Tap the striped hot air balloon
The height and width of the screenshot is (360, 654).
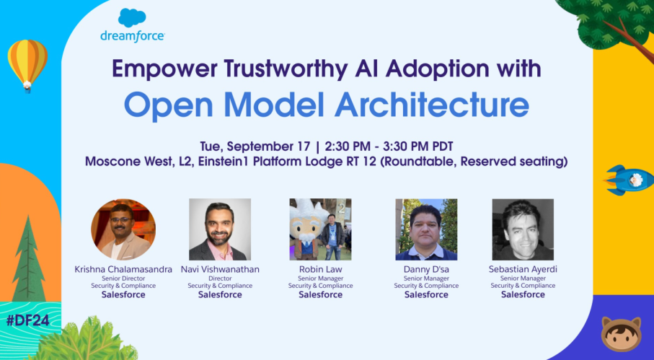tap(27, 63)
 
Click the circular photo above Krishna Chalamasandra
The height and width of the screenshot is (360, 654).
tap(123, 229)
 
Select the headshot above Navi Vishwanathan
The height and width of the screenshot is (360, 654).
tap(220, 229)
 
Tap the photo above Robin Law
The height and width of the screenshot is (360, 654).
tap(320, 229)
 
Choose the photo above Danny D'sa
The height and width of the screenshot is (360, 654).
tap(426, 229)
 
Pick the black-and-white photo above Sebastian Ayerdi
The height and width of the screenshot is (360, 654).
tap(523, 229)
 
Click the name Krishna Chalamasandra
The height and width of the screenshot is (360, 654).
tap(123, 269)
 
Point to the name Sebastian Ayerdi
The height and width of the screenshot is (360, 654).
tap(523, 269)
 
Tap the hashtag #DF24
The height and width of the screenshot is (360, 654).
tap(27, 320)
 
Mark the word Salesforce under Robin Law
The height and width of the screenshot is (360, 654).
tap(320, 294)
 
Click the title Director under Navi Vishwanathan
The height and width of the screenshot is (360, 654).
tap(220, 278)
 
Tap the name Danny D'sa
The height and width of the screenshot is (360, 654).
tap(426, 269)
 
